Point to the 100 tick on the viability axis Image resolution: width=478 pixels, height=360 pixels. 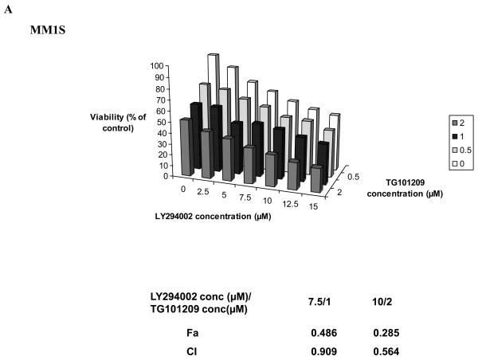[158, 66]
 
